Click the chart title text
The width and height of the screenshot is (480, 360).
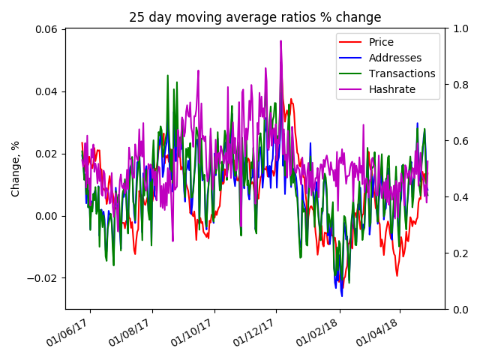[x=255, y=17]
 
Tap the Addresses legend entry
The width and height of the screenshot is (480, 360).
[x=394, y=58]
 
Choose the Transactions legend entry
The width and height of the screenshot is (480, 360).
[x=401, y=73]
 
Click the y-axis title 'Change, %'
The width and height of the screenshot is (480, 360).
[x=16, y=168]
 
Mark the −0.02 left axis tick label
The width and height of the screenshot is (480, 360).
[x=42, y=278]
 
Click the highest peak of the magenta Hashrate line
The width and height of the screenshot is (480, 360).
[x=281, y=41]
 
